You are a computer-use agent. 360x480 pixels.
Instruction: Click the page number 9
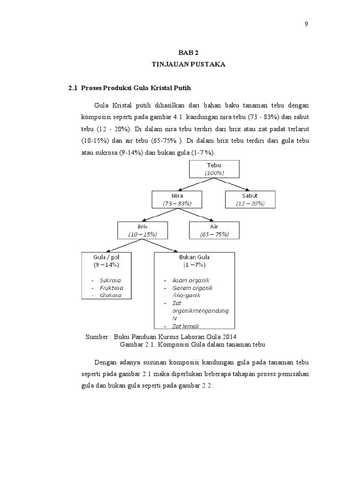click(x=306, y=25)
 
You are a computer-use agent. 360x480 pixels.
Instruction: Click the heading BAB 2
click(x=188, y=53)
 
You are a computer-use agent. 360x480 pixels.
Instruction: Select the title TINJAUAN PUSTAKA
click(x=188, y=65)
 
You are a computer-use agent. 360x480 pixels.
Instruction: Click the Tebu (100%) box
click(x=214, y=169)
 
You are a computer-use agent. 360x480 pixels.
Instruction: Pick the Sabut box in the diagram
click(x=250, y=199)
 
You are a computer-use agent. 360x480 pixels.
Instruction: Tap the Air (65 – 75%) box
click(x=214, y=230)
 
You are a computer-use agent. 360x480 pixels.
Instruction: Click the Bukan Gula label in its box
click(x=194, y=257)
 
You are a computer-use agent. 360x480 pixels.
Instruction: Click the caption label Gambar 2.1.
click(x=138, y=345)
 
